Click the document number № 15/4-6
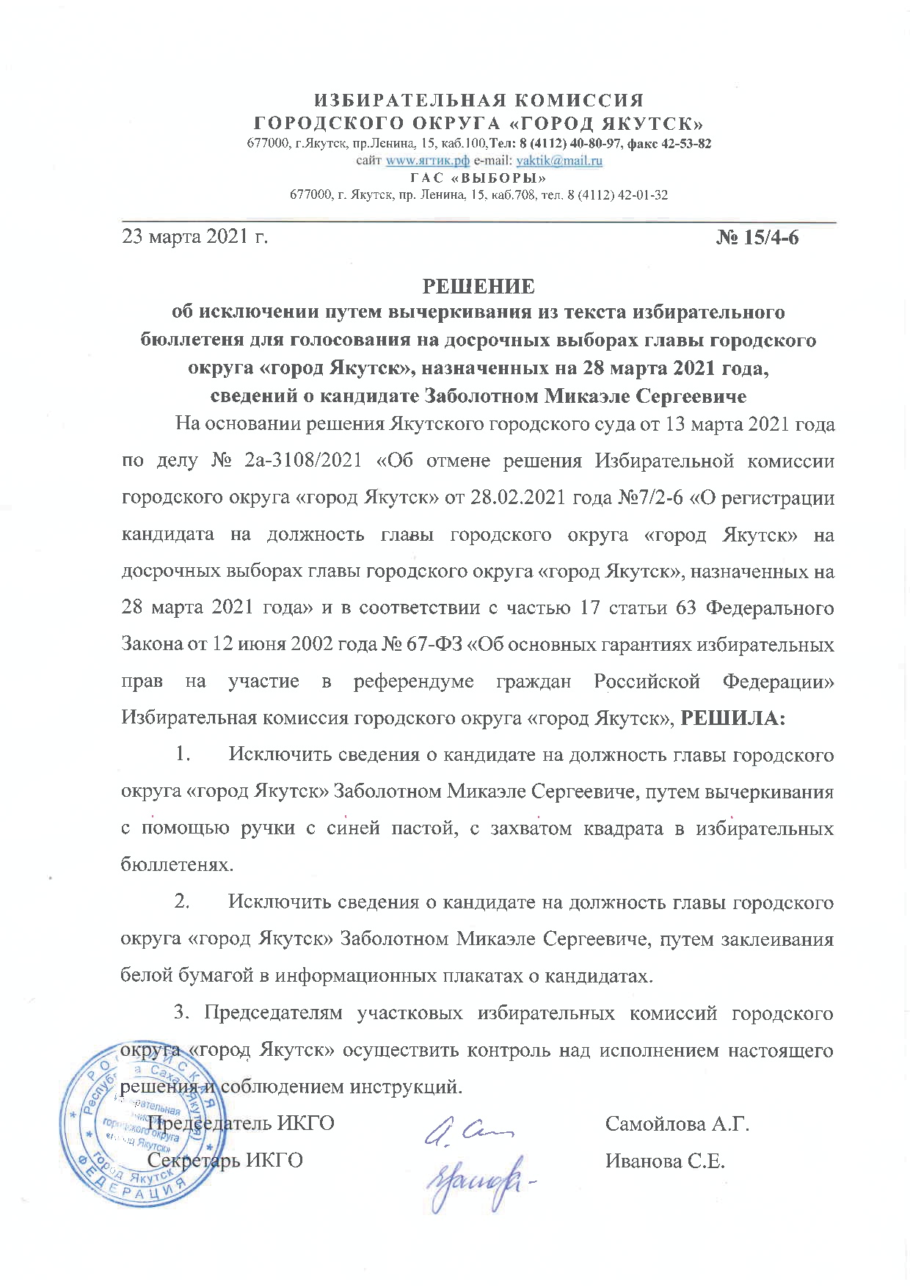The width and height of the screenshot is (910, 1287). pos(757,238)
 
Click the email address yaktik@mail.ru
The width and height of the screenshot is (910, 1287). pos(560,160)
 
